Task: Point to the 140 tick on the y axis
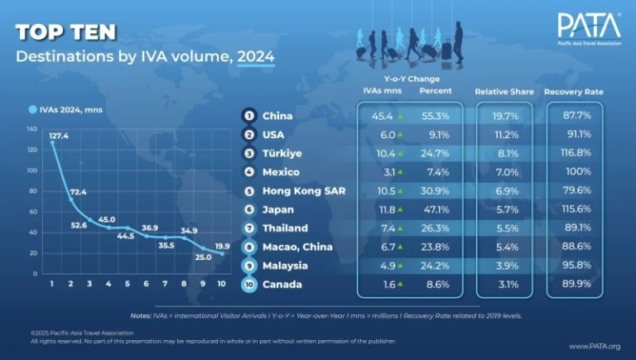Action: [x=33, y=129]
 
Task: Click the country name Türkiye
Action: [x=283, y=153]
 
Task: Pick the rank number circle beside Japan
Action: [x=248, y=210]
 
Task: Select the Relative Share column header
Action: [x=503, y=91]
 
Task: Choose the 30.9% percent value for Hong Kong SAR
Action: [x=435, y=191]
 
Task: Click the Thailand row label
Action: [x=285, y=228]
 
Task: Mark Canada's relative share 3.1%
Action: [x=503, y=286]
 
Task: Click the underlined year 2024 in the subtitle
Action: [x=256, y=57]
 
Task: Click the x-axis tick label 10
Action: [x=220, y=284]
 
